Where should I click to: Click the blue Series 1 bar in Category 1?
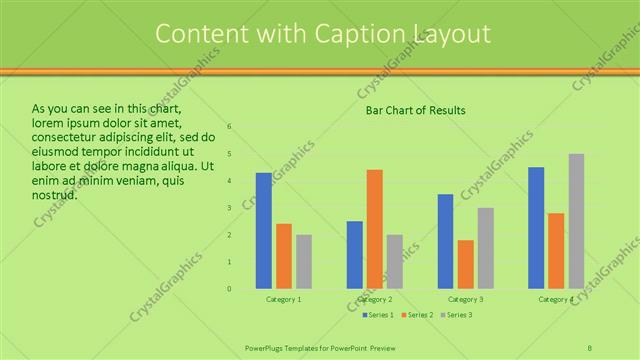(263, 231)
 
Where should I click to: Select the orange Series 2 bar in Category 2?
(375, 229)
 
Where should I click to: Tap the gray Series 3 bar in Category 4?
(576, 221)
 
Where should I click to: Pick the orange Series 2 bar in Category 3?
(465, 264)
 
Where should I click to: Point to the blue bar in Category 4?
(536, 228)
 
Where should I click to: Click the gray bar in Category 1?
(303, 262)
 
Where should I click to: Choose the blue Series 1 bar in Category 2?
(355, 255)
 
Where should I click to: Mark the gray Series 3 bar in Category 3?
(485, 248)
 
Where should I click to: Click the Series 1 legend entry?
(377, 315)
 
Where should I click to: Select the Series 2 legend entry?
(416, 315)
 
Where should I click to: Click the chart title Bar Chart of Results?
(415, 110)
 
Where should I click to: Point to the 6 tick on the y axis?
(229, 127)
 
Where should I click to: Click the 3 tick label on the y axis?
(229, 208)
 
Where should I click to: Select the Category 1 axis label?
(283, 299)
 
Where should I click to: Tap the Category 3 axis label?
(465, 299)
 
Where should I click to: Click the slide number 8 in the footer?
(590, 347)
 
